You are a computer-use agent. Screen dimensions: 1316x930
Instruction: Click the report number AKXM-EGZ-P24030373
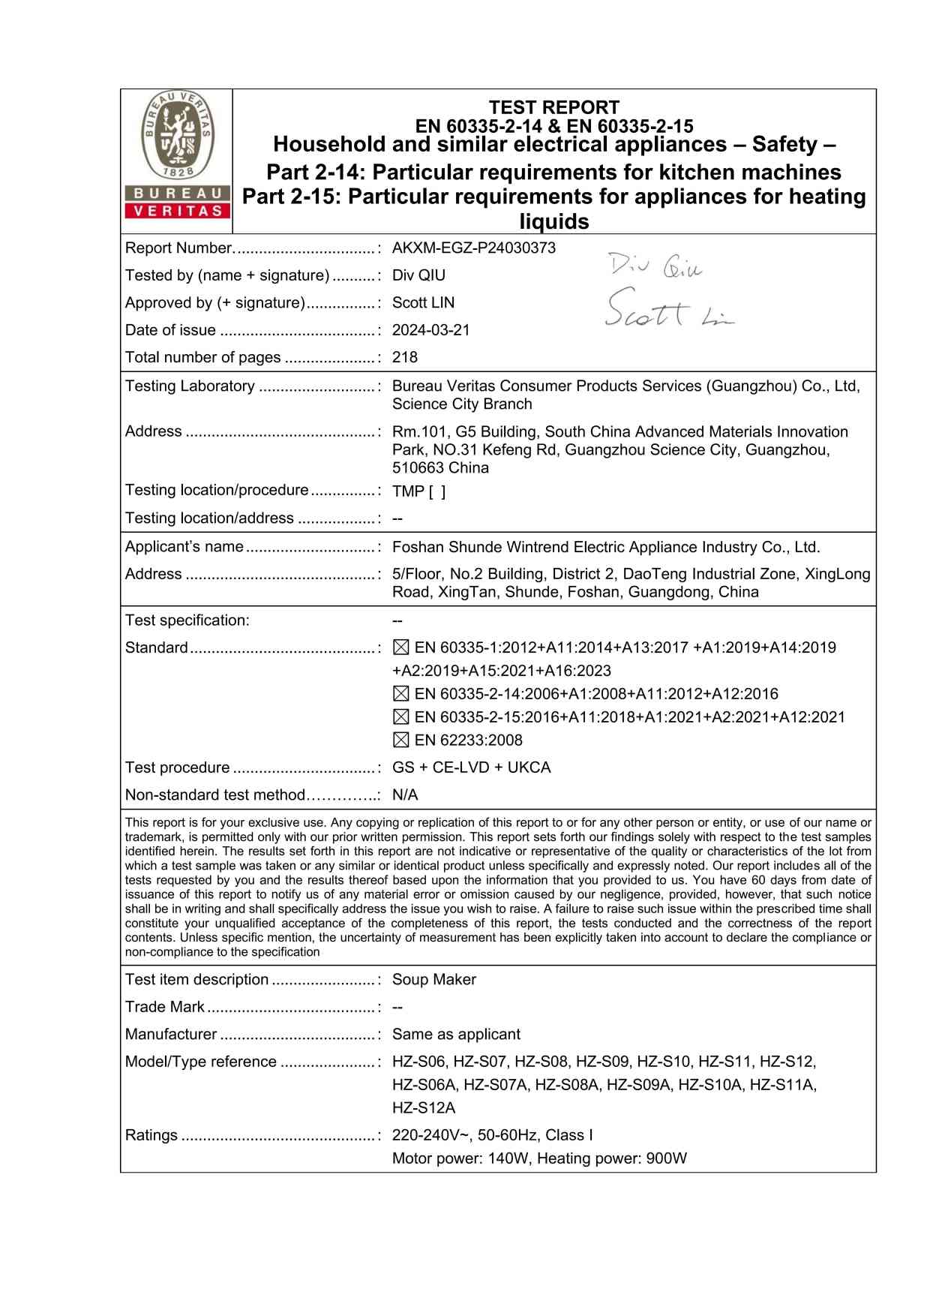(474, 248)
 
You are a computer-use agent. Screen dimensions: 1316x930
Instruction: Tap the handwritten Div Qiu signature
(655, 266)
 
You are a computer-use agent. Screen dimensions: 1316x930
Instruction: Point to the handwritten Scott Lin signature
(667, 310)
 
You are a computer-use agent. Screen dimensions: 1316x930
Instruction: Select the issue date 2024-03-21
(431, 330)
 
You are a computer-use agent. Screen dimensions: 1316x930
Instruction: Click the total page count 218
(405, 357)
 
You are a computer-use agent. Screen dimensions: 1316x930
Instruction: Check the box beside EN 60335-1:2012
(401, 647)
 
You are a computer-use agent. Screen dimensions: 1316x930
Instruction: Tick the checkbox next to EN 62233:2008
(401, 740)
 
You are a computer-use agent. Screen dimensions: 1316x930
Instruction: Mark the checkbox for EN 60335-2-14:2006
(401, 694)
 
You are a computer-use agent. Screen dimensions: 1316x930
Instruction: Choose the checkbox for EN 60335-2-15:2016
(401, 717)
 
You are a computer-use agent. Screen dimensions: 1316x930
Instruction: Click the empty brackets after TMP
(437, 491)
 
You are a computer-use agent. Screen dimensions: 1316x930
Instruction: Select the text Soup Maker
(434, 979)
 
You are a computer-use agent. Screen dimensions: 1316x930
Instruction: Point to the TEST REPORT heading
(554, 107)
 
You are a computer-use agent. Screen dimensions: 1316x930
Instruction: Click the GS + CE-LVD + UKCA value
(472, 768)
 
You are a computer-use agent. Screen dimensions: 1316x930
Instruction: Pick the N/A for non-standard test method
(405, 795)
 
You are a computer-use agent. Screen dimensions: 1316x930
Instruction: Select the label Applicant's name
(184, 546)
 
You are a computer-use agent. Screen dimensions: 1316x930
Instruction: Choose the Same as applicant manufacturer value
(456, 1034)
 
